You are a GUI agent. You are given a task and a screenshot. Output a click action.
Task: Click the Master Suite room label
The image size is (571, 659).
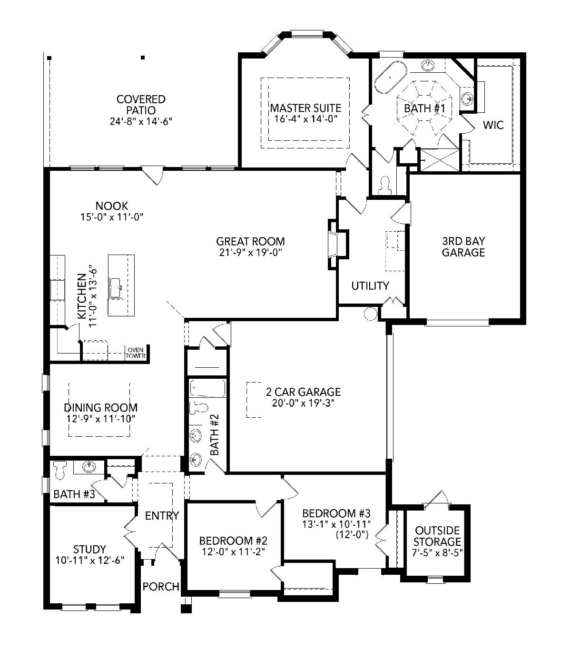tap(305, 108)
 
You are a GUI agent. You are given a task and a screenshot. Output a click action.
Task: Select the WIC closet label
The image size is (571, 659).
tap(493, 125)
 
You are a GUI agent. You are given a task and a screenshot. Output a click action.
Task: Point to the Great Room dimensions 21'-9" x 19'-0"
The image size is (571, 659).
tap(251, 252)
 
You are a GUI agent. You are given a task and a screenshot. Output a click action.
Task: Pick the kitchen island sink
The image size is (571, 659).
tap(115, 288)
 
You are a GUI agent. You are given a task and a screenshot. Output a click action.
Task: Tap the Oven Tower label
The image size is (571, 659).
tap(135, 353)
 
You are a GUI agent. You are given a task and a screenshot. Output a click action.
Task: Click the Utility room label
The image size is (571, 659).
tap(370, 285)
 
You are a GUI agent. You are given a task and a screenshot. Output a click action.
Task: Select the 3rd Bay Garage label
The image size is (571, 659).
tap(463, 246)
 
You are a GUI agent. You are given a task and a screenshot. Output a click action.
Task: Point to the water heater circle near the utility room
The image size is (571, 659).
tap(370, 314)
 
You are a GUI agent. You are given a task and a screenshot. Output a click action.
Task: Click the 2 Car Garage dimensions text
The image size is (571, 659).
tap(303, 403)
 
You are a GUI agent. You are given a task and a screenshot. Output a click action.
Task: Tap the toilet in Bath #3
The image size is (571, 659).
tap(60, 470)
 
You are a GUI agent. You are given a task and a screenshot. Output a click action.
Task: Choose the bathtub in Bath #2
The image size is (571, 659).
tap(207, 388)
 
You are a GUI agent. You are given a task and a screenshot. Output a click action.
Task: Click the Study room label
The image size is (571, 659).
tap(89, 549)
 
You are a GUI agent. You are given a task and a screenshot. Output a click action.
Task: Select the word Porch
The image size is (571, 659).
tap(161, 586)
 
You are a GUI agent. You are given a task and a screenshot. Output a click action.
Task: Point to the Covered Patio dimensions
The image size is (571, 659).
tap(141, 121)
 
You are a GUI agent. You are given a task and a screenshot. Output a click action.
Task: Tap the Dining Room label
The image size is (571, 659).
tap(101, 407)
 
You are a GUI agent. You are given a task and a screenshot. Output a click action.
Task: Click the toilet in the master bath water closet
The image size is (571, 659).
tap(385, 186)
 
